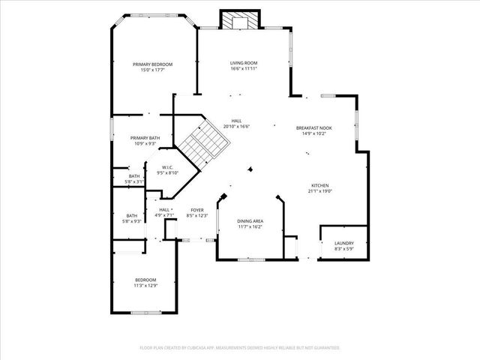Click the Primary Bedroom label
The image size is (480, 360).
click(x=153, y=64)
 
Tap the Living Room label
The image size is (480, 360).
click(x=244, y=63)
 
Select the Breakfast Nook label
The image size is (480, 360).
click(x=313, y=128)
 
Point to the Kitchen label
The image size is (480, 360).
click(x=320, y=185)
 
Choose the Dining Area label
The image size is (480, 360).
click(x=250, y=220)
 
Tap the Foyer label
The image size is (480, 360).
click(x=197, y=210)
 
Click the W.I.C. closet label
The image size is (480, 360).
click(x=167, y=167)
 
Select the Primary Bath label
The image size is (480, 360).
click(x=145, y=138)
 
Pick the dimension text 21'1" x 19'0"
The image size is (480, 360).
click(x=320, y=190)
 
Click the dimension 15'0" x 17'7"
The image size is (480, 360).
click(x=153, y=70)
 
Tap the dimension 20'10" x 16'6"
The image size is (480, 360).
click(x=236, y=126)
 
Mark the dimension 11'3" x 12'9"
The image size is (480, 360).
click(x=145, y=285)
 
